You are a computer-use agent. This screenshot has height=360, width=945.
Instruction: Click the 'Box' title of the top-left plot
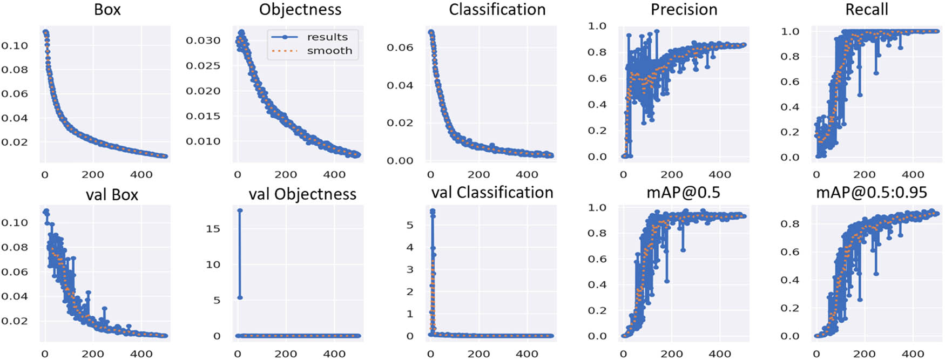107,9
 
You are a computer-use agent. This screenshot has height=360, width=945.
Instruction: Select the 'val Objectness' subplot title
302,194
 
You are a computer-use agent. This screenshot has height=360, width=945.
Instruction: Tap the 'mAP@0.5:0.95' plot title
871,192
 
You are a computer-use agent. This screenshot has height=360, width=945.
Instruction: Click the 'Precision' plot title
684,9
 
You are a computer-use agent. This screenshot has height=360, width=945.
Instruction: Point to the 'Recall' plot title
866,9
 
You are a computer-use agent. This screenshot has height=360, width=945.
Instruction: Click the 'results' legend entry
327,37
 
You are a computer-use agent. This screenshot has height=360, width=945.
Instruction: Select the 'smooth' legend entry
329,51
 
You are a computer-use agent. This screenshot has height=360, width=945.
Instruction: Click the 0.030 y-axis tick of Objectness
203,40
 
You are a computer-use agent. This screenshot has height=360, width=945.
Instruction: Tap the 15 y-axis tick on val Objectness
213,229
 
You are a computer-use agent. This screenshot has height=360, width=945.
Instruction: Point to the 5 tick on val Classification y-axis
409,225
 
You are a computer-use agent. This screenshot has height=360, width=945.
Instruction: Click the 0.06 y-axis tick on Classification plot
400,47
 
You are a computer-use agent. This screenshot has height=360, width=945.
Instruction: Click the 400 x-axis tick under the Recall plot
913,174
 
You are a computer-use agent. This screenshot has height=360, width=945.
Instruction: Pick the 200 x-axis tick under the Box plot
92,174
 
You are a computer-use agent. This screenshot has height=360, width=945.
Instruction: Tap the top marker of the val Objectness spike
240,210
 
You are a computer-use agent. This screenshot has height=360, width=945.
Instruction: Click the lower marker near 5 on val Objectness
240,297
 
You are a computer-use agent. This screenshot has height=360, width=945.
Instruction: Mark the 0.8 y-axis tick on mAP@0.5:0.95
789,224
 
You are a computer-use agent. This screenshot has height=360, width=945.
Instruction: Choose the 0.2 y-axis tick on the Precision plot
597,131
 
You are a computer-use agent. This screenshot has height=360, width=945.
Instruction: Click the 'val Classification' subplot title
492,193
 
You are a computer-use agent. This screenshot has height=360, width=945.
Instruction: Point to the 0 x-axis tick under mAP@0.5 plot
623,354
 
